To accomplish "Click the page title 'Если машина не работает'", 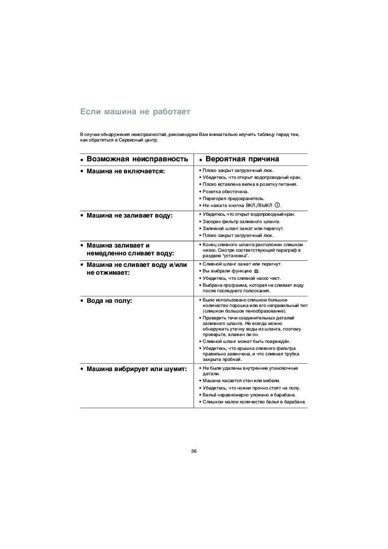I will tap(135, 112).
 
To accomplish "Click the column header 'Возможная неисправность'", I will tap(137, 159).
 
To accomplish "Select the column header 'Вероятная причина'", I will tap(242, 159).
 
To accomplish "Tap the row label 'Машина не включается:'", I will tap(125, 171).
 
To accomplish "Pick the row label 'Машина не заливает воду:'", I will tap(129, 215).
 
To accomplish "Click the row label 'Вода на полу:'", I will tap(109, 301).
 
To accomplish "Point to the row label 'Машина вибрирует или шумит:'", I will tap(136, 369).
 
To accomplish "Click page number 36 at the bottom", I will tap(194, 451).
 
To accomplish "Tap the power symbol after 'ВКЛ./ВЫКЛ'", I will tap(277, 205).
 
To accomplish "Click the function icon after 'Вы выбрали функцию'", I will tap(257, 272).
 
